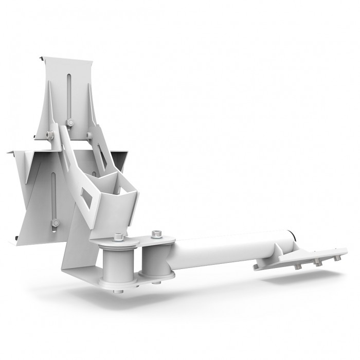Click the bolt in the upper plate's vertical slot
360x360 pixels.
pos(70,122)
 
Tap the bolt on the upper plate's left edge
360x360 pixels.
pos(50,135)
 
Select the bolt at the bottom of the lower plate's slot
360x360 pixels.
pos(55,223)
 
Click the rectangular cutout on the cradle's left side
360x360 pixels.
pos(86,198)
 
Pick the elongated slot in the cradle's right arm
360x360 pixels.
pos(102,156)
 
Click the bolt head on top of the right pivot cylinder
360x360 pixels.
pos(156,236)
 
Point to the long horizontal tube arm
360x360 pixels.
pos(226,249)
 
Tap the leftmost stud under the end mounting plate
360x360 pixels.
pos(297,267)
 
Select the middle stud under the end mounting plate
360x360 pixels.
pos(317,263)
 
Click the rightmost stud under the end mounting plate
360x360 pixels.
pos(337,258)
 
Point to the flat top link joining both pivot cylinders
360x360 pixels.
pos(136,240)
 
